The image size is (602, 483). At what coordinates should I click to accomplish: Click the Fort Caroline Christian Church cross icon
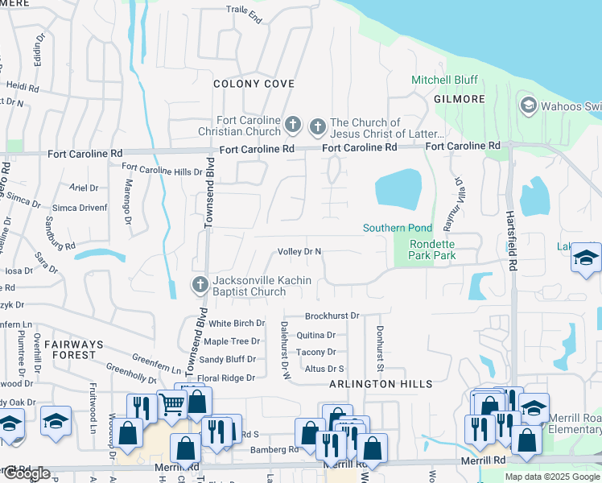(294, 125)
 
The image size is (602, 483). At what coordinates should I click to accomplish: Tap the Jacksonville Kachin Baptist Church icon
(200, 284)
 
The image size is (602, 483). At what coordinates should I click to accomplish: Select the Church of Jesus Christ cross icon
(317, 125)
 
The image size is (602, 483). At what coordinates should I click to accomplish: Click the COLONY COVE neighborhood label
(254, 84)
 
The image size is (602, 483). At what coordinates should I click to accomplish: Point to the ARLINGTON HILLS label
(381, 384)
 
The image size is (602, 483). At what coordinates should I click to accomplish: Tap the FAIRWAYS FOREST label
(73, 349)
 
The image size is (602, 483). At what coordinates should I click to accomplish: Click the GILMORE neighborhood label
(460, 99)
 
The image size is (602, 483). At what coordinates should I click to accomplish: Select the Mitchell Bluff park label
(444, 80)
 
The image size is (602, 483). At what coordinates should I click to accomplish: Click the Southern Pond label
(398, 228)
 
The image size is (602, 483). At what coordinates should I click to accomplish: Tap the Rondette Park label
(433, 250)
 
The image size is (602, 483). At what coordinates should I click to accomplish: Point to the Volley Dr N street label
(299, 251)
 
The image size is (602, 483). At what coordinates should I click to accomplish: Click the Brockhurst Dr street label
(332, 316)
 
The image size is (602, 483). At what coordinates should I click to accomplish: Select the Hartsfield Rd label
(511, 233)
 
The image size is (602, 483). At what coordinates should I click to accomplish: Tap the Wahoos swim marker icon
(528, 105)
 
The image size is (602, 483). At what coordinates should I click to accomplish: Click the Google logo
(26, 473)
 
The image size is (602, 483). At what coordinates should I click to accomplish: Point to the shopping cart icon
(171, 404)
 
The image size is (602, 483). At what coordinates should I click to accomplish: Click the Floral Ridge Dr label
(226, 378)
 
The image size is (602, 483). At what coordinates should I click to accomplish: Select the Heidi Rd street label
(23, 85)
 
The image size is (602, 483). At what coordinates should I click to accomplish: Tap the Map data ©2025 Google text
(551, 477)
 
